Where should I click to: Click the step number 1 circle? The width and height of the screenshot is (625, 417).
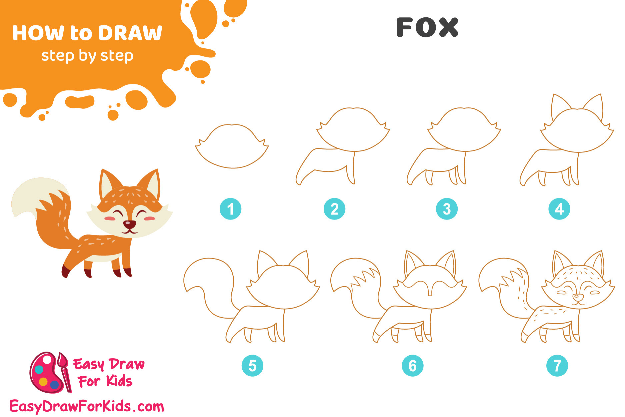[x=230, y=209]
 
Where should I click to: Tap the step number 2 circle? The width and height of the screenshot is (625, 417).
[x=334, y=209]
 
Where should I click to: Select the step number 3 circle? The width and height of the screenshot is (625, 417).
[x=447, y=209]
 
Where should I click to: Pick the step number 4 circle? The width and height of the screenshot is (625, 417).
[x=559, y=209]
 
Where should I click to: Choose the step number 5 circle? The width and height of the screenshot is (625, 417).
[x=252, y=366]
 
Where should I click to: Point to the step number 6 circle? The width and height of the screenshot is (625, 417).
[x=413, y=366]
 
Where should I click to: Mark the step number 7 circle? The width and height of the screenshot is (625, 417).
[x=557, y=366]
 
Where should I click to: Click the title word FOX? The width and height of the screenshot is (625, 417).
[x=427, y=27]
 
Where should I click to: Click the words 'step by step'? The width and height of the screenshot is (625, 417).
[x=87, y=56]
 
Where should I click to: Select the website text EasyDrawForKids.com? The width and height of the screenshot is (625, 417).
[x=87, y=407]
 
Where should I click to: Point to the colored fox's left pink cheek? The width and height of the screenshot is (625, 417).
[x=110, y=219]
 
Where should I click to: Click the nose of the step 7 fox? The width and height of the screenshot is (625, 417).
[x=578, y=296]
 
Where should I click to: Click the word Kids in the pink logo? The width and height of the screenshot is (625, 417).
[x=119, y=381]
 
